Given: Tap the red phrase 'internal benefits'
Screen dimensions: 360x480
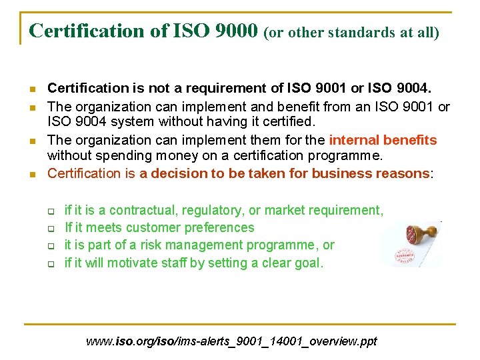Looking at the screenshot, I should [383, 140].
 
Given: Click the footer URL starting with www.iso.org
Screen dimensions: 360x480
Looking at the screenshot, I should [231, 341].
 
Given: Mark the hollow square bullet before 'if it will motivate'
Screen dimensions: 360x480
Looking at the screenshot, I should [50, 263].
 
